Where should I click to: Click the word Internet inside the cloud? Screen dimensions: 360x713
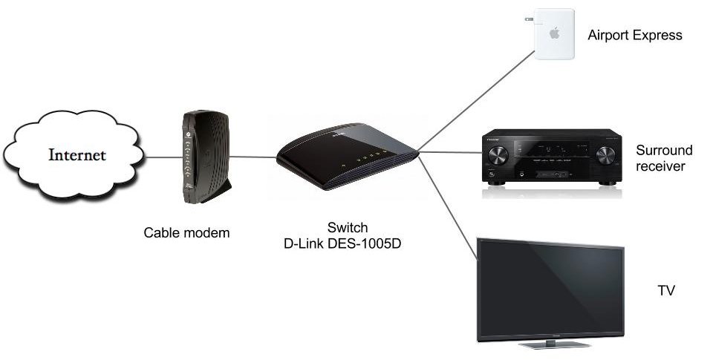point(77,155)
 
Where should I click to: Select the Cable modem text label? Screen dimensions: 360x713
point(186,233)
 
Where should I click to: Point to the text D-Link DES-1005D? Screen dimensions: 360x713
point(342,243)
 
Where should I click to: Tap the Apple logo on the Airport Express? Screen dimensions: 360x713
point(554,33)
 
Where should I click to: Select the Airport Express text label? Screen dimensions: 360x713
point(634,35)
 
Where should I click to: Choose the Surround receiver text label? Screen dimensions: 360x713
point(664,158)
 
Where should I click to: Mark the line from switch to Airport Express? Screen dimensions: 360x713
point(475,101)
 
